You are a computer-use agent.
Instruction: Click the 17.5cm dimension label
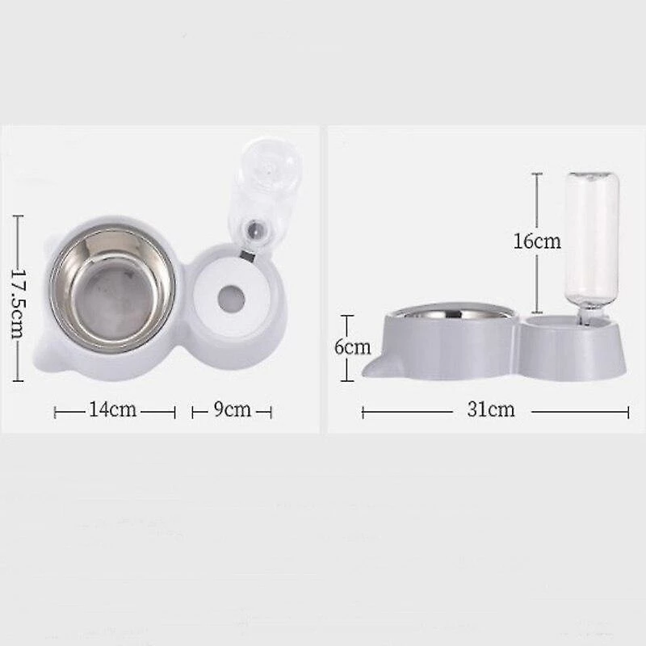point(18,296)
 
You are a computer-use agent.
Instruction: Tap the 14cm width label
point(112,410)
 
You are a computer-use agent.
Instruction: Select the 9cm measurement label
point(232,410)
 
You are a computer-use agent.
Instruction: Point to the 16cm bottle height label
point(537,240)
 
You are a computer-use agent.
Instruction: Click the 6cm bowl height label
point(352,348)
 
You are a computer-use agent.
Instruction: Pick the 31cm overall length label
point(490,410)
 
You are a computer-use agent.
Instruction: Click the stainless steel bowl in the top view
point(112,290)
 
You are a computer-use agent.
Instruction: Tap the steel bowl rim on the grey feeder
point(448,310)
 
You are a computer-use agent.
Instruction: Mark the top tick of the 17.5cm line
point(18,216)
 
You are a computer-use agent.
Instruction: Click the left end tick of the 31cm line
point(363,412)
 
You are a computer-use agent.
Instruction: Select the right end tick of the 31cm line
point(628,412)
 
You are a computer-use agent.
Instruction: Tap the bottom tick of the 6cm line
point(346,380)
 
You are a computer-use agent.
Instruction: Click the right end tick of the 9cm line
point(272,412)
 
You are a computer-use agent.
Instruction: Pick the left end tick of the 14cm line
point(55,412)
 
